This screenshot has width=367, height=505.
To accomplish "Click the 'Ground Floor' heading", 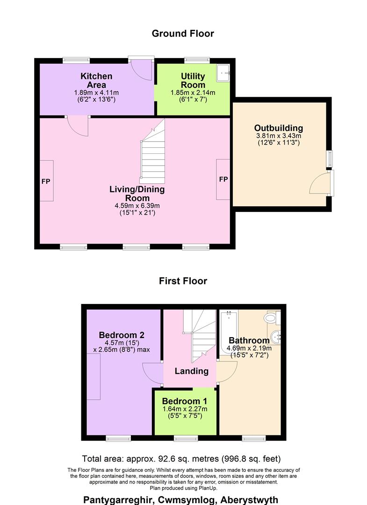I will click(183, 34).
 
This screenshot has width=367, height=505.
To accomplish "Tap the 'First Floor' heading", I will click(183, 281).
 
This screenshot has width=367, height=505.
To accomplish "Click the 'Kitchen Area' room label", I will click(96, 80).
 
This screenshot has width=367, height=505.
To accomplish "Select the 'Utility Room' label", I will click(193, 80).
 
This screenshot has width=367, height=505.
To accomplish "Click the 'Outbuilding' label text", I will click(279, 128).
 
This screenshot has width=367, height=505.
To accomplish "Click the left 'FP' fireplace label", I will click(46, 181).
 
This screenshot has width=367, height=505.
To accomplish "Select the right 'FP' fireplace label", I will click(223, 180).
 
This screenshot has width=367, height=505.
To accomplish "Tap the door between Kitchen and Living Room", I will click(77, 126).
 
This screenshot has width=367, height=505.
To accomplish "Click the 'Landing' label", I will click(191, 371).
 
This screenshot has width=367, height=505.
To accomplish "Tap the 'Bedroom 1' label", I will click(185, 401).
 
